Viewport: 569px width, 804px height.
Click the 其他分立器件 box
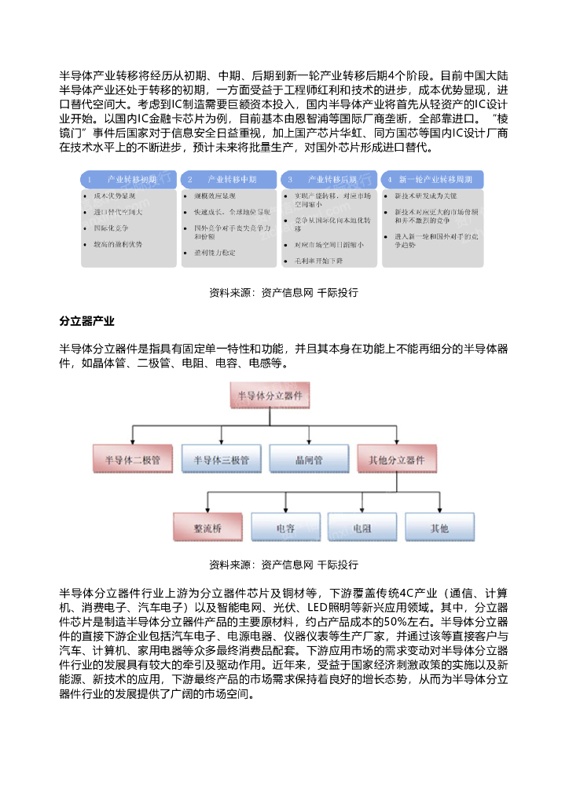click(396, 459)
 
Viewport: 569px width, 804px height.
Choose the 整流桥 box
click(207, 528)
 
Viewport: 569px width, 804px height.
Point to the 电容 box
click(285, 528)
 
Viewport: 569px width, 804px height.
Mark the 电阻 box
click(362, 528)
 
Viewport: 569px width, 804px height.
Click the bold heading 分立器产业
click(87, 321)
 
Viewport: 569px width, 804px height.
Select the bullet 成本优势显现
click(115, 195)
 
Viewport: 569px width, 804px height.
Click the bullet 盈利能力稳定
click(214, 253)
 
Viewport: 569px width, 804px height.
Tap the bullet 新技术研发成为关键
click(424, 195)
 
